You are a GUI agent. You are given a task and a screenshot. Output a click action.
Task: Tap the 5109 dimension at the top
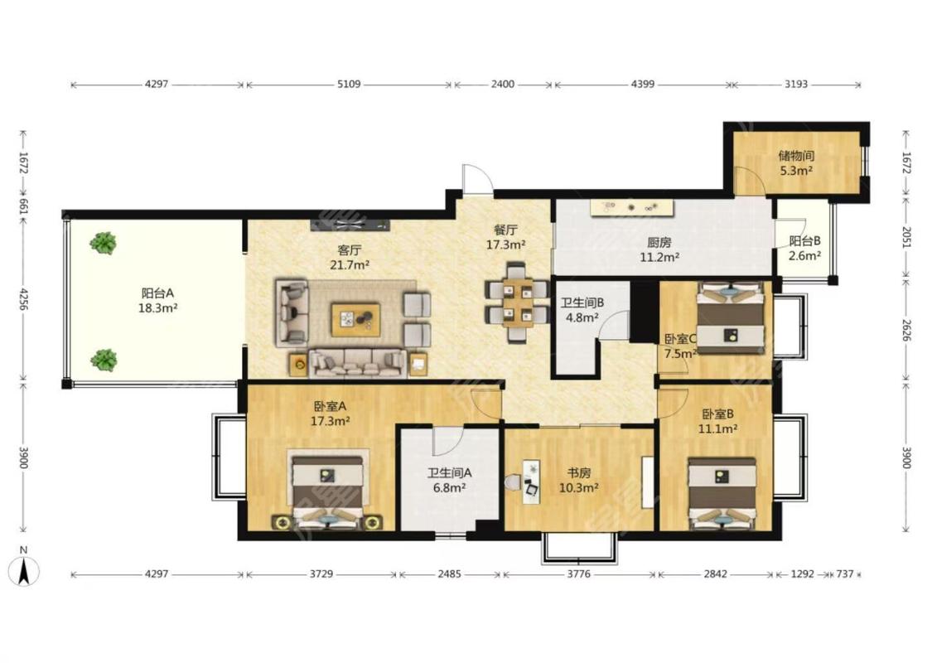point(349,85)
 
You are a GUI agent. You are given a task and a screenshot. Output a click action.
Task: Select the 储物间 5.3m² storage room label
point(796,163)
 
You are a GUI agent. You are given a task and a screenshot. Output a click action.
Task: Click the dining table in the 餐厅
point(516,302)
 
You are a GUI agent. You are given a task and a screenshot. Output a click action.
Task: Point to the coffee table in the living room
point(355,319)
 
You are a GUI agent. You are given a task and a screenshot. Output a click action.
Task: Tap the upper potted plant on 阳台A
point(103,243)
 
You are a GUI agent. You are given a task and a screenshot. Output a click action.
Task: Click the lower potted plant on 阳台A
point(104,360)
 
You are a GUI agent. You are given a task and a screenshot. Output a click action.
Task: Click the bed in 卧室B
point(722,492)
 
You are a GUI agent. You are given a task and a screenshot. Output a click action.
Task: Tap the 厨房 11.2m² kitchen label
point(659,249)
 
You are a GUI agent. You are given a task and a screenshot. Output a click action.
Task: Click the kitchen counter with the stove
point(632,207)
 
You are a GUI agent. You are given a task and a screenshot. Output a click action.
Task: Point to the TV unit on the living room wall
point(350,224)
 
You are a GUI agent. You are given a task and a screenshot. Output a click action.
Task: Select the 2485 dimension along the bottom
point(449,574)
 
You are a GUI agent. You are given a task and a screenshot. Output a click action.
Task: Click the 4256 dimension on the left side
point(24,299)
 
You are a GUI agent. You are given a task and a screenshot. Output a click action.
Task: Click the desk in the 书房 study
point(532,481)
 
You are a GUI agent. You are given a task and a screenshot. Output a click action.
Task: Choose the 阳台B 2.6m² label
point(804,249)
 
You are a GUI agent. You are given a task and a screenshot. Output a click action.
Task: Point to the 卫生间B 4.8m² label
point(582,310)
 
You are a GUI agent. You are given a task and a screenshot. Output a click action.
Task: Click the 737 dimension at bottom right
point(845,574)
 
